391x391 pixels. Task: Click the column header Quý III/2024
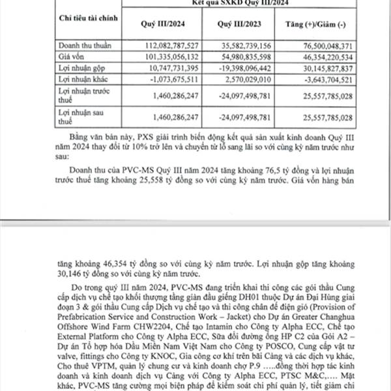[x=159, y=25]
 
